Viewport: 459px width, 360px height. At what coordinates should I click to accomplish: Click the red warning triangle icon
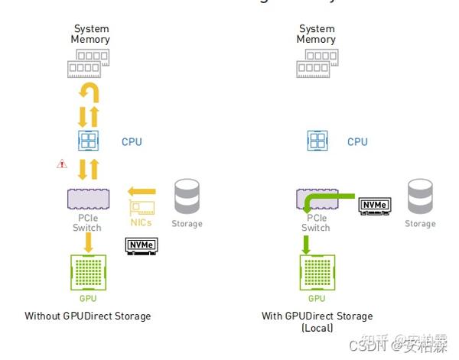click(x=62, y=164)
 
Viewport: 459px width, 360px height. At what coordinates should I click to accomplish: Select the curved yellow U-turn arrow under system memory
click(x=90, y=93)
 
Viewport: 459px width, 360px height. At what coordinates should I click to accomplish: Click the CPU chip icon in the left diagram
click(x=89, y=141)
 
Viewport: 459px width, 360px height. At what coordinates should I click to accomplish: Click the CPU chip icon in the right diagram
click(x=317, y=141)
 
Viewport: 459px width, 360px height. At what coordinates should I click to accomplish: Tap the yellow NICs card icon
click(x=142, y=207)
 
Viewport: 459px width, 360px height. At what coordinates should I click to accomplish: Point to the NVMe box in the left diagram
click(x=140, y=245)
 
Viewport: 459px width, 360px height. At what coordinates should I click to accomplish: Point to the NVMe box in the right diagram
click(x=375, y=205)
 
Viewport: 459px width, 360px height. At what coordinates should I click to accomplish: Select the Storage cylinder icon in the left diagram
click(x=187, y=197)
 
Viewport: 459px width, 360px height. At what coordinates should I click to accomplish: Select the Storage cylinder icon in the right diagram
click(x=419, y=197)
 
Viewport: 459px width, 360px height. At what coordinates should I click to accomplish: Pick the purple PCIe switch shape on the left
click(x=88, y=199)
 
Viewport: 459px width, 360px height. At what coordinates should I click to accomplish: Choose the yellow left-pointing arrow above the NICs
click(x=142, y=191)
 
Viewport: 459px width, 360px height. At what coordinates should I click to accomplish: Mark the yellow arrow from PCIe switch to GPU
click(x=89, y=242)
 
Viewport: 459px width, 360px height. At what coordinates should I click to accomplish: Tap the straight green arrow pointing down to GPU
click(x=305, y=245)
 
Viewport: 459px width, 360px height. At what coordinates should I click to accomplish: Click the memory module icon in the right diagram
click(x=317, y=63)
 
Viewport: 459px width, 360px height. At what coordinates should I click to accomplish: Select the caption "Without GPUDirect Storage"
click(x=87, y=316)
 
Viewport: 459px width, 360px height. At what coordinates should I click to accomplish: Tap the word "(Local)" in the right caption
click(x=317, y=328)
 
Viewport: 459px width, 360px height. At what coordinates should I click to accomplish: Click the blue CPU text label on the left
click(x=132, y=142)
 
